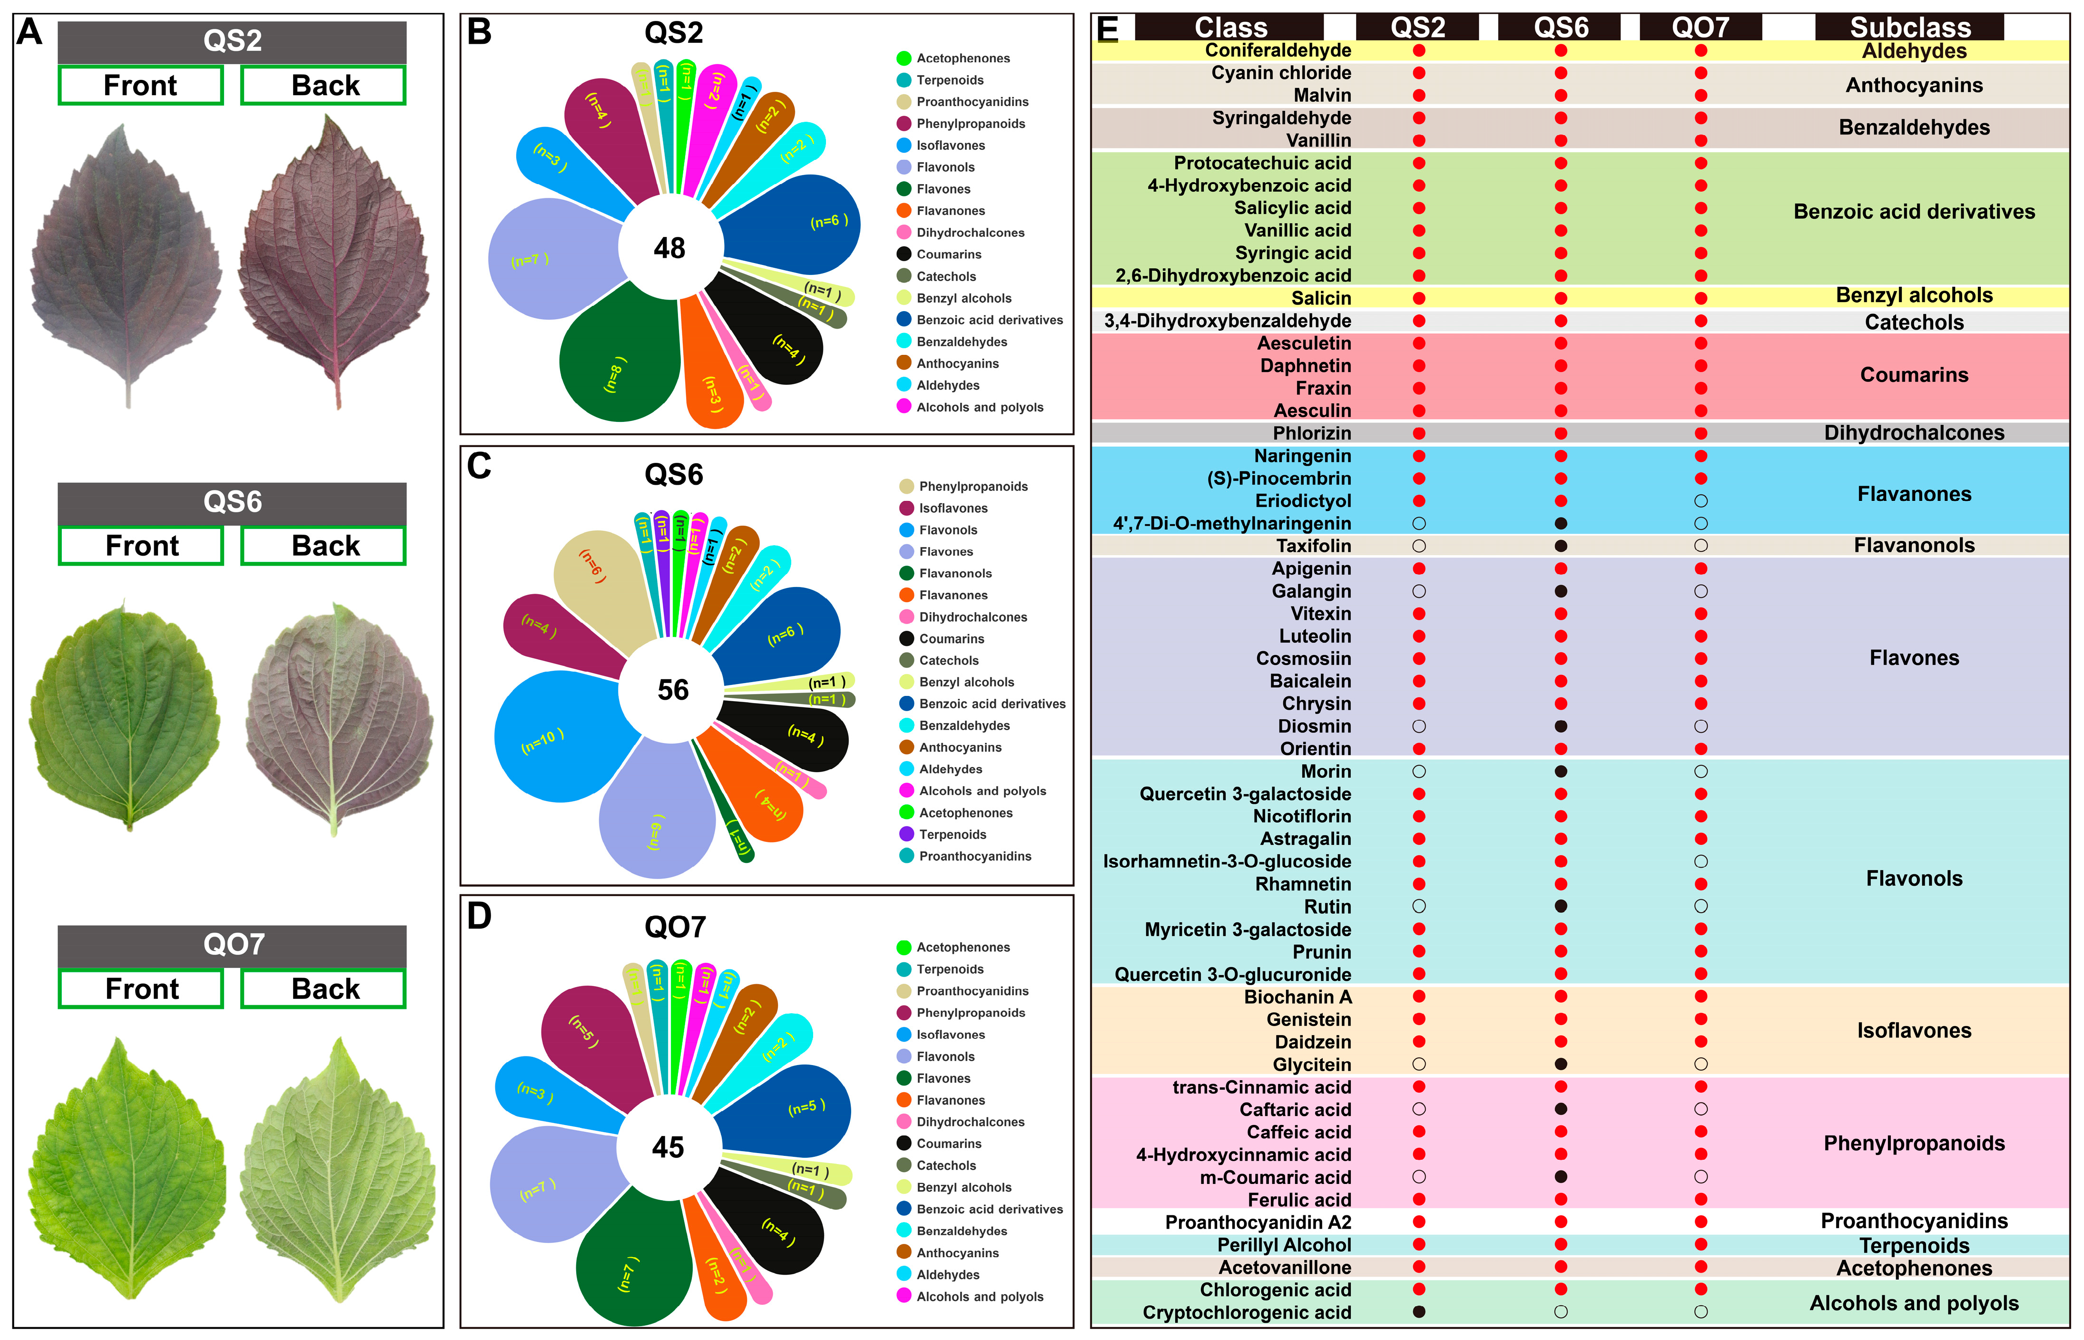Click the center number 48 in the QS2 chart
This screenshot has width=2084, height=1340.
click(x=669, y=249)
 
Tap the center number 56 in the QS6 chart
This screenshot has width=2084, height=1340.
click(x=673, y=690)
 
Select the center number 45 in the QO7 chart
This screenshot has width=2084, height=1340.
click(x=668, y=1148)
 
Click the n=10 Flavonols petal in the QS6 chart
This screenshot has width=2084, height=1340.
click(x=557, y=740)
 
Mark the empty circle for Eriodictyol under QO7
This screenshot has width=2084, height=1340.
click(x=1700, y=501)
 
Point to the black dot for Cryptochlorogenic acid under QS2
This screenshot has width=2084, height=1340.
click(x=1418, y=1312)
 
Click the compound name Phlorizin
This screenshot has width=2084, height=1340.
click(x=1311, y=433)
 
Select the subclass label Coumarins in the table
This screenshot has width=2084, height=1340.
click(x=1914, y=375)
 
